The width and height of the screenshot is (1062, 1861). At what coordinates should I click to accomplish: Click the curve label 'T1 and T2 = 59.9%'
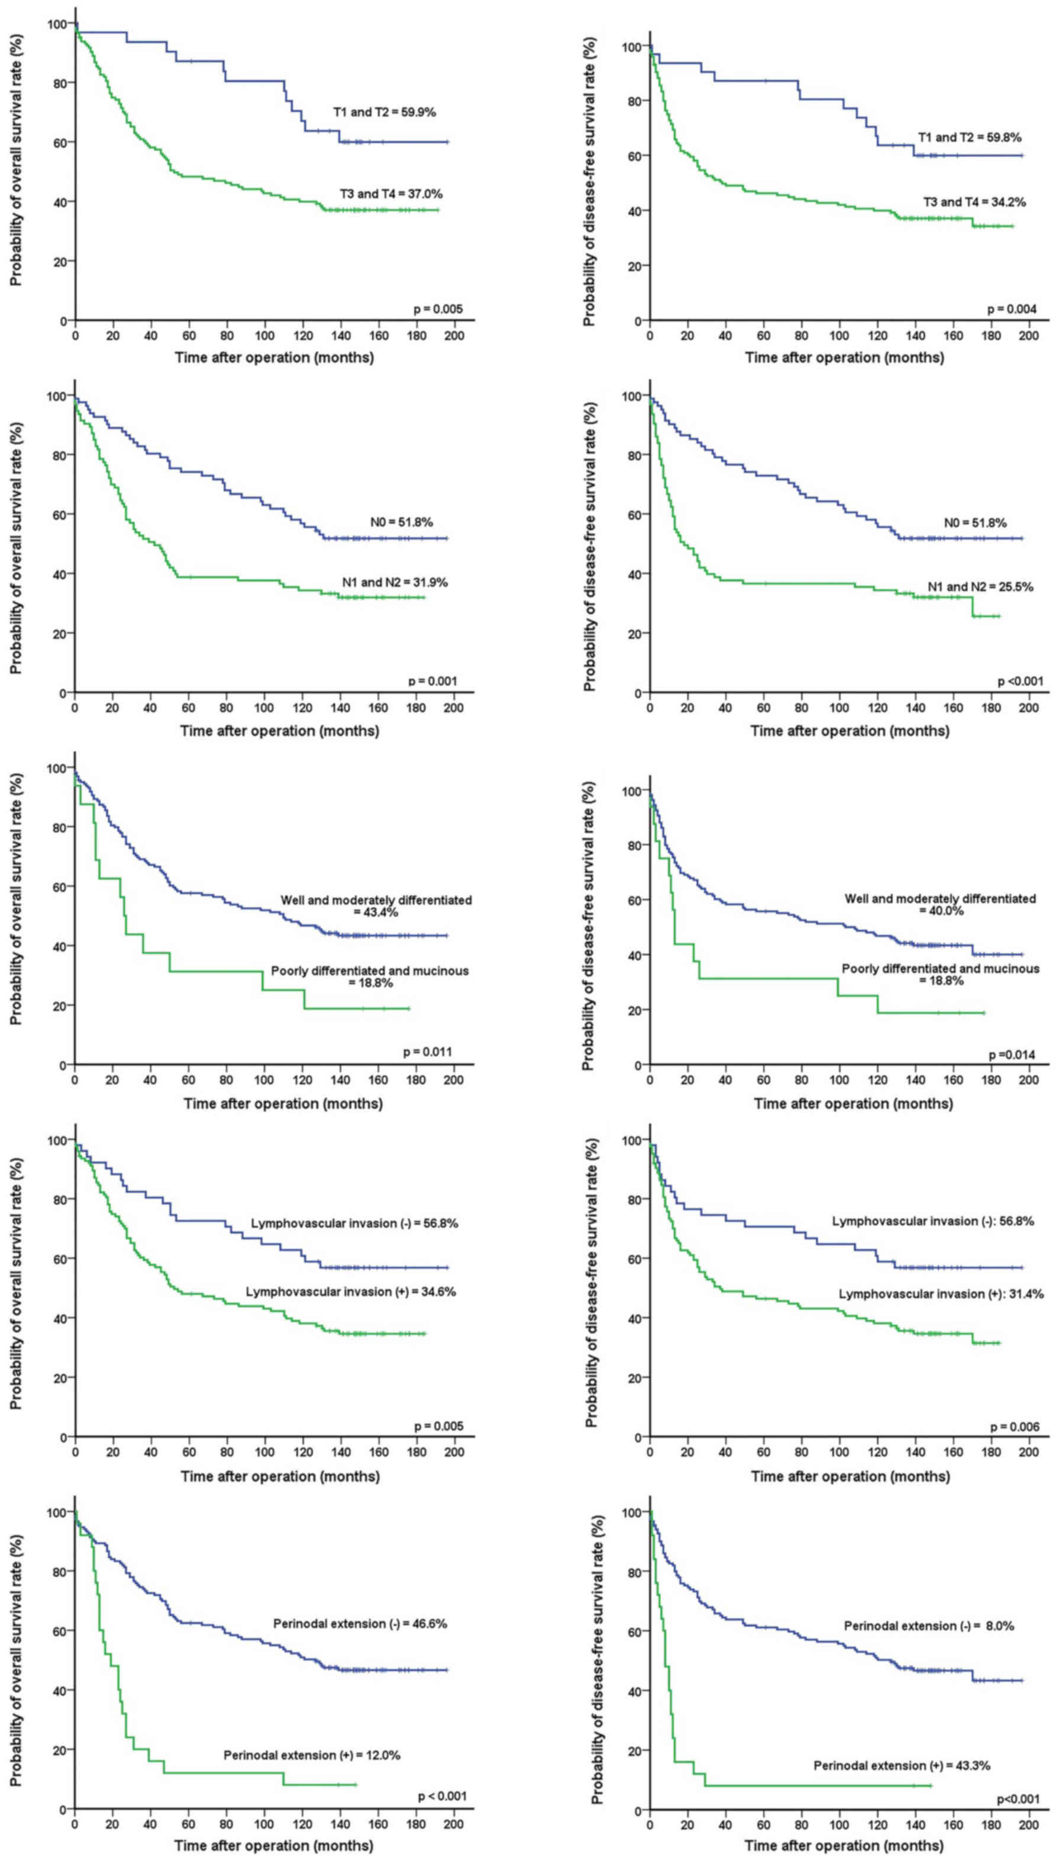pyautogui.click(x=385, y=112)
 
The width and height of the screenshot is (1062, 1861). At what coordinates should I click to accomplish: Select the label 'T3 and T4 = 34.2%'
pyautogui.click(x=974, y=202)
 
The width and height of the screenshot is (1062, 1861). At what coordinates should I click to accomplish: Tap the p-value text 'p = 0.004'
pyautogui.click(x=1012, y=309)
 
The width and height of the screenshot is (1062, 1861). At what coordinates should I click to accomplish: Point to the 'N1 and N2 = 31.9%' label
pyautogui.click(x=395, y=582)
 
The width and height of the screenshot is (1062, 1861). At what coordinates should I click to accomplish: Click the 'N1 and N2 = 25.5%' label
pyautogui.click(x=980, y=586)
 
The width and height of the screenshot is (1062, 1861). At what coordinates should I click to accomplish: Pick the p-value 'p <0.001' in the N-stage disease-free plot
pyautogui.click(x=1019, y=681)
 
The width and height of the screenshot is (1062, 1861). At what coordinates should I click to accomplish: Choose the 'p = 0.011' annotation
pyautogui.click(x=427, y=1052)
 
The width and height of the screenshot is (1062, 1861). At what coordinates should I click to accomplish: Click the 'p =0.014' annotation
pyautogui.click(x=1011, y=1055)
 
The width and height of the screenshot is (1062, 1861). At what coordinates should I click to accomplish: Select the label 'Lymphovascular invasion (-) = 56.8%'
pyautogui.click(x=354, y=1223)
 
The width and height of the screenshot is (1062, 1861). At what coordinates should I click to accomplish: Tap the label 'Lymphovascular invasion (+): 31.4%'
pyautogui.click(x=941, y=1294)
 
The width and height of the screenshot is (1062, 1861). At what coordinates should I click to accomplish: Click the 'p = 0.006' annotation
pyautogui.click(x=1015, y=1427)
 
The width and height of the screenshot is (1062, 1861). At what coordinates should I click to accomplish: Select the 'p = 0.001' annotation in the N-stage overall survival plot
pyautogui.click(x=432, y=681)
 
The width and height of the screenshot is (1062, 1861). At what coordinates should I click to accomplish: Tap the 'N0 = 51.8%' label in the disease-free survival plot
pyautogui.click(x=974, y=523)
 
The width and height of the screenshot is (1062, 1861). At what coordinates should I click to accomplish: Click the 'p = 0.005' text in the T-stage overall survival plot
pyautogui.click(x=438, y=309)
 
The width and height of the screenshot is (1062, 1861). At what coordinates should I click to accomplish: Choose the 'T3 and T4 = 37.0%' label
pyautogui.click(x=391, y=194)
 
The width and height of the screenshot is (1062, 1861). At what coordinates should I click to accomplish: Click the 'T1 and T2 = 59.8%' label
pyautogui.click(x=969, y=137)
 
